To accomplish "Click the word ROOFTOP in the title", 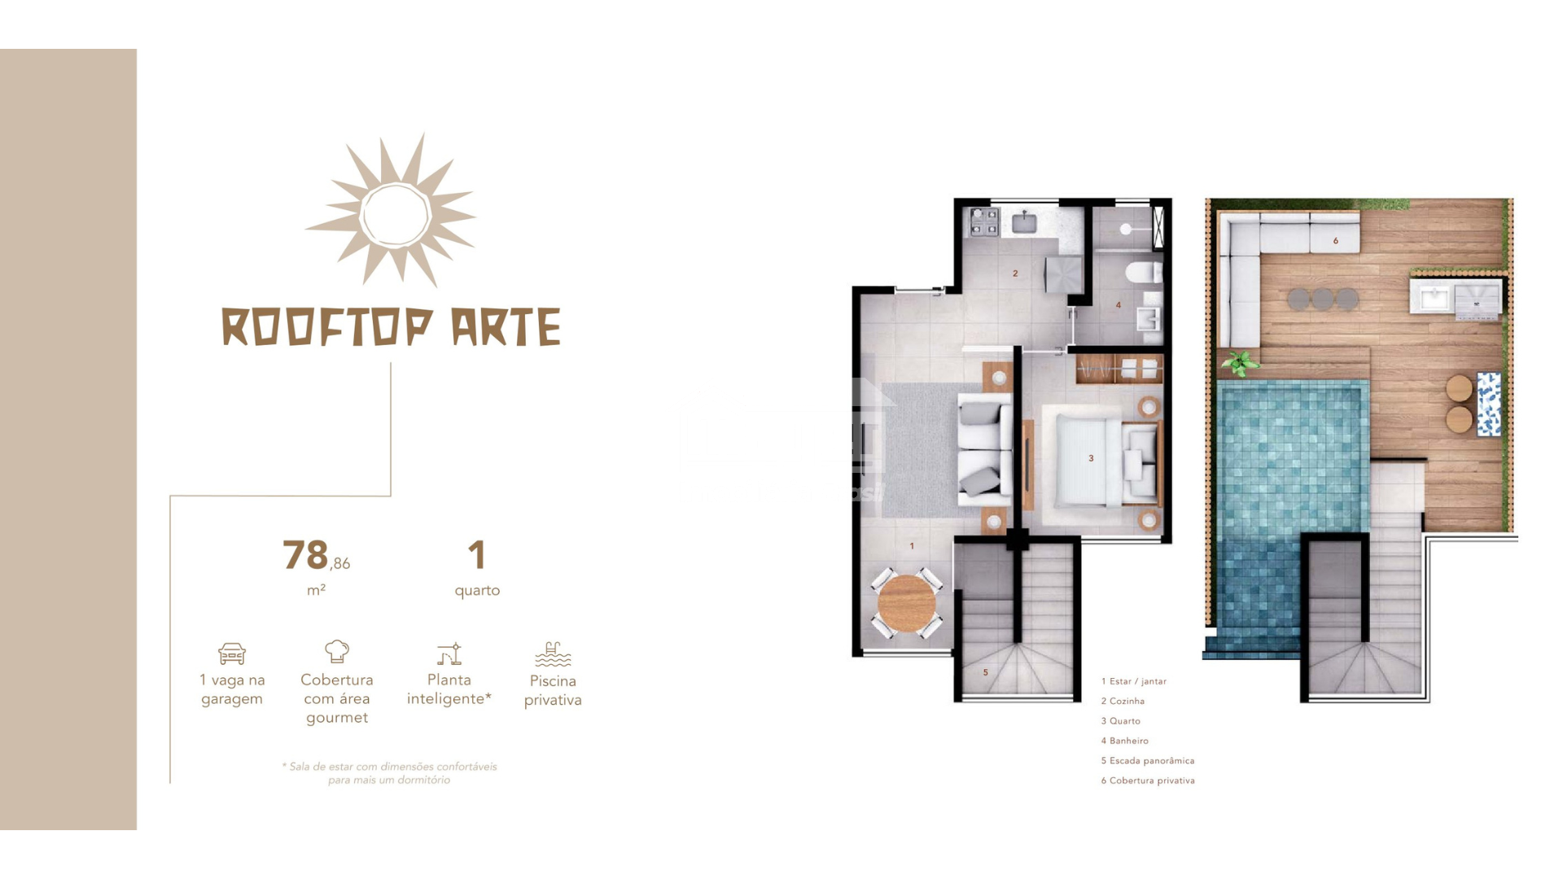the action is pyautogui.click(x=327, y=327).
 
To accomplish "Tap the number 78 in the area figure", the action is pyautogui.click(x=305, y=555).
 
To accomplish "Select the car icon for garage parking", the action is pyautogui.click(x=232, y=654).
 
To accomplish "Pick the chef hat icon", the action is pyautogui.click(x=337, y=651).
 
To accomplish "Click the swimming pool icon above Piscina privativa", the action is pyautogui.click(x=553, y=654).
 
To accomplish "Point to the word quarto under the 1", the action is pyautogui.click(x=477, y=591).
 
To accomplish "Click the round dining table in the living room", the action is pyautogui.click(x=907, y=604).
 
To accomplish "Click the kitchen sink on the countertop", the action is pyautogui.click(x=1024, y=221).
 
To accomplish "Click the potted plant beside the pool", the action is pyautogui.click(x=1239, y=364).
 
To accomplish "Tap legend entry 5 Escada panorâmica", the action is pyautogui.click(x=1148, y=761).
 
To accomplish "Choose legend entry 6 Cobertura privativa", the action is pyautogui.click(x=1148, y=781).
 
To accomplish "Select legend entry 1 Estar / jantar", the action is pyautogui.click(x=1134, y=681).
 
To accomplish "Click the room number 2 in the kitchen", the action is pyautogui.click(x=1015, y=273).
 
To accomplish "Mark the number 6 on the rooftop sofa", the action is pyautogui.click(x=1336, y=241).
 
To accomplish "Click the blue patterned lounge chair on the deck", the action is pyautogui.click(x=1489, y=404).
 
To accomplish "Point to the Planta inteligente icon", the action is pyautogui.click(x=449, y=654).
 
